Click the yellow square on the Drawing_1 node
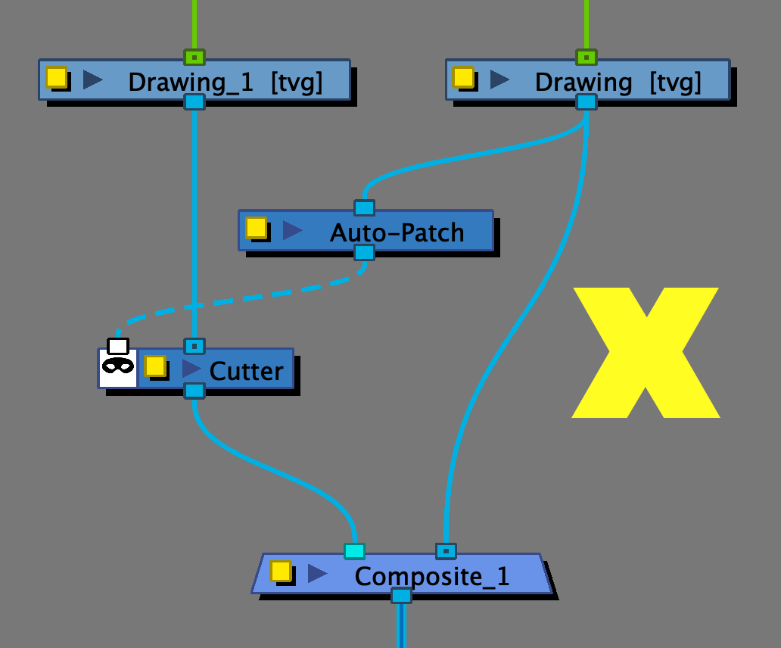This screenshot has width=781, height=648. (x=56, y=77)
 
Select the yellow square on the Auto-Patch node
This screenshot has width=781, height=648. (x=256, y=227)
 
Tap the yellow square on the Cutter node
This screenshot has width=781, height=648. (x=155, y=366)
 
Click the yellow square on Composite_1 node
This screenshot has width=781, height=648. (x=281, y=571)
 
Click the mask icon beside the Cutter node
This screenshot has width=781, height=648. (x=118, y=366)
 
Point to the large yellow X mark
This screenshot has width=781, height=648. (x=646, y=352)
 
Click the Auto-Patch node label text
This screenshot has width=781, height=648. (x=397, y=232)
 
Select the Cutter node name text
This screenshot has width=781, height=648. (x=246, y=371)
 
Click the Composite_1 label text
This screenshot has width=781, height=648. (x=431, y=577)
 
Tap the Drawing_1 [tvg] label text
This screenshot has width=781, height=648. (x=225, y=82)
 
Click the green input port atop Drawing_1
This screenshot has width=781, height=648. (x=194, y=57)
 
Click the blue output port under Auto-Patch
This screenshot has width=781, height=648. (x=364, y=252)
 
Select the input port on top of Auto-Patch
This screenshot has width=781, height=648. (x=364, y=207)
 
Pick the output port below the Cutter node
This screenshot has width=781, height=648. (x=194, y=391)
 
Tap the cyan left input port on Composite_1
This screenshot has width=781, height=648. (x=354, y=551)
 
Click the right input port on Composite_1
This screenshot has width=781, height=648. (x=446, y=551)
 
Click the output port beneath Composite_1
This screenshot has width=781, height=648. (x=401, y=596)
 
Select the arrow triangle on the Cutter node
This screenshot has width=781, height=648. (x=191, y=369)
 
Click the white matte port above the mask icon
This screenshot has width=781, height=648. (x=118, y=346)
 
